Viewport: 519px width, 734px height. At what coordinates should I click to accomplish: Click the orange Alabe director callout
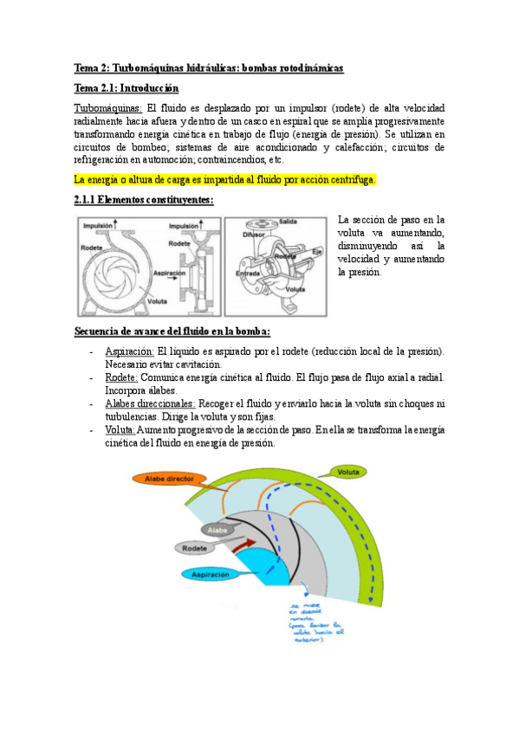(174, 479)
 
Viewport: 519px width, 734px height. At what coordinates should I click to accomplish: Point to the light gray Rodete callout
(198, 548)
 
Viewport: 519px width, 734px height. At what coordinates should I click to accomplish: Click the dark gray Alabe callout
(217, 529)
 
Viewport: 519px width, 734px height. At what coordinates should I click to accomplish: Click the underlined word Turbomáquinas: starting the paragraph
(108, 108)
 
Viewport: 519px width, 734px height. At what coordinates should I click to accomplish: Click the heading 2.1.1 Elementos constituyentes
(144, 200)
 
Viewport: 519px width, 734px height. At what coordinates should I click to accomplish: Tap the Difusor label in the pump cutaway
(253, 234)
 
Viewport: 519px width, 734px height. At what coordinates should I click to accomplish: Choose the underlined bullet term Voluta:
(120, 429)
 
